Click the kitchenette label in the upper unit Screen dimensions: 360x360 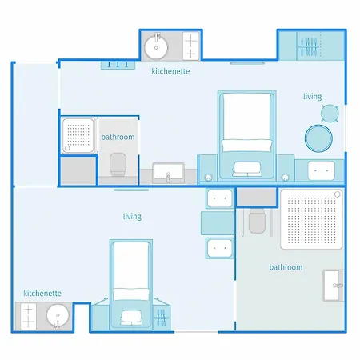point(170,71)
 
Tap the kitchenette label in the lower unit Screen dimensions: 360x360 point(42,294)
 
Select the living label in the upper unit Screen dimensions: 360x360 point(313,97)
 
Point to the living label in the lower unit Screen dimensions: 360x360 point(132,216)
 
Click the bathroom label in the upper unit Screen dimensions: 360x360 point(118,137)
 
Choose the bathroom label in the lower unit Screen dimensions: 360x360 point(286,267)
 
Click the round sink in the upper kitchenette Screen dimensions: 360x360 point(156,47)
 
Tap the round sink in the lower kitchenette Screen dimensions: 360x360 point(58,316)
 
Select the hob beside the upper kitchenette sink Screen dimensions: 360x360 point(191,46)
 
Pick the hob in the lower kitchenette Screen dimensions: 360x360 point(28,317)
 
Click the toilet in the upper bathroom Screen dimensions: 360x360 point(118,164)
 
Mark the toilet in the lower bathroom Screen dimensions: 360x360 point(257,221)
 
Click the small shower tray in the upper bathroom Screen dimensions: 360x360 point(78,135)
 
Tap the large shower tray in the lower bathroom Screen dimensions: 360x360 point(311,219)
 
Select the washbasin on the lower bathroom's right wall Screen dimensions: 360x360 point(334,286)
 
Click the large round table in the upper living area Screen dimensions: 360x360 point(318,138)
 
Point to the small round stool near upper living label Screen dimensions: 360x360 point(330,114)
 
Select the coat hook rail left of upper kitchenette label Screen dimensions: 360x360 point(118,66)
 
